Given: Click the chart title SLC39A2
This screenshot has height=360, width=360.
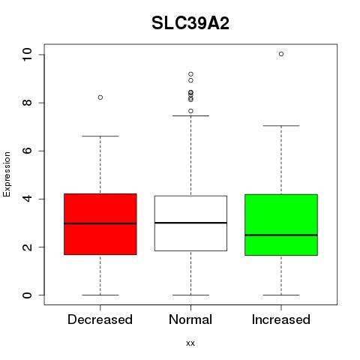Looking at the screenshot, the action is (x=190, y=23).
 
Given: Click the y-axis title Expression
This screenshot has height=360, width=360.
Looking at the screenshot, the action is (x=7, y=174).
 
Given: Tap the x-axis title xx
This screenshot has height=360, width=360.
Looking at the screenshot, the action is (x=190, y=343).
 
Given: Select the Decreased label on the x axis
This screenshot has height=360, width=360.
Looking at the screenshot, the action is (x=100, y=319).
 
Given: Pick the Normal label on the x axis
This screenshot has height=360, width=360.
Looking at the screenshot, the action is (x=190, y=319).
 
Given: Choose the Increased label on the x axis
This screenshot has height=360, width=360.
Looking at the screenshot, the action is (x=281, y=319).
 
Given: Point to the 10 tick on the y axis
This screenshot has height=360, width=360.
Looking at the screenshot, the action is (x=27, y=55).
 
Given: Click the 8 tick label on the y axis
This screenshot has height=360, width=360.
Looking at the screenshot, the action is (x=27, y=103).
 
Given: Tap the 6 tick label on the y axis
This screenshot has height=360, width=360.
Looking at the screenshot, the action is (x=27, y=151).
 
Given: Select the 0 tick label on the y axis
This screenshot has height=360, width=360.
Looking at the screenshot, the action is (x=27, y=295).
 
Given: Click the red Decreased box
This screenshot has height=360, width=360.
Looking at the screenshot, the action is (x=100, y=224).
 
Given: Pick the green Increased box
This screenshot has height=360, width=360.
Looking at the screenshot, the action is (x=281, y=225).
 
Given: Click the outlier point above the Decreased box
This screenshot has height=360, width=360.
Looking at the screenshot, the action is (x=100, y=97).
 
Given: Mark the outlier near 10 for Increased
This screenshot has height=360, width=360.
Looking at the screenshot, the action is (x=281, y=54).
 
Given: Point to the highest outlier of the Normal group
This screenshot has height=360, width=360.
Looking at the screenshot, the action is (x=190, y=74).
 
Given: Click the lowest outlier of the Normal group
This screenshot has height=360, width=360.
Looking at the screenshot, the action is (x=190, y=111).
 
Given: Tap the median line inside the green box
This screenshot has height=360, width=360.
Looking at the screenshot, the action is (x=281, y=235).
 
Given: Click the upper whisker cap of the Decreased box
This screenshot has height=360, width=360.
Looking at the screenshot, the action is (x=100, y=136).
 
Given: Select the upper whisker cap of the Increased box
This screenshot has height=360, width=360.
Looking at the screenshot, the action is (x=281, y=126).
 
